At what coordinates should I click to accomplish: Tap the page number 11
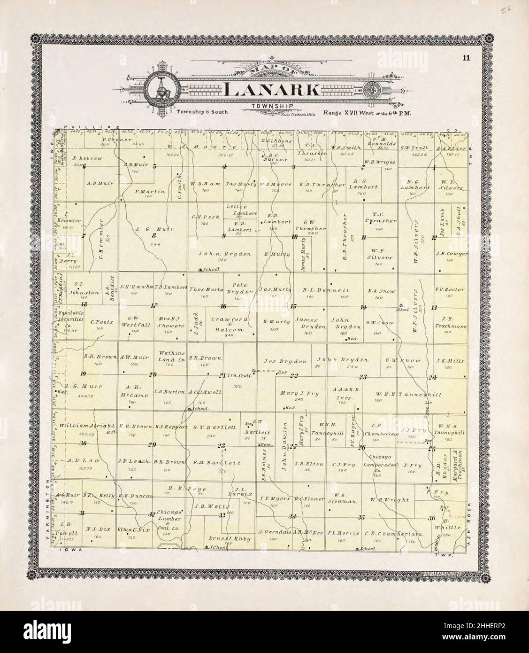click(465, 58)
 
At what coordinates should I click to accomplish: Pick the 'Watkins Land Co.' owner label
click(167, 355)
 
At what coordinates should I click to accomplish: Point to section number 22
click(294, 375)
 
